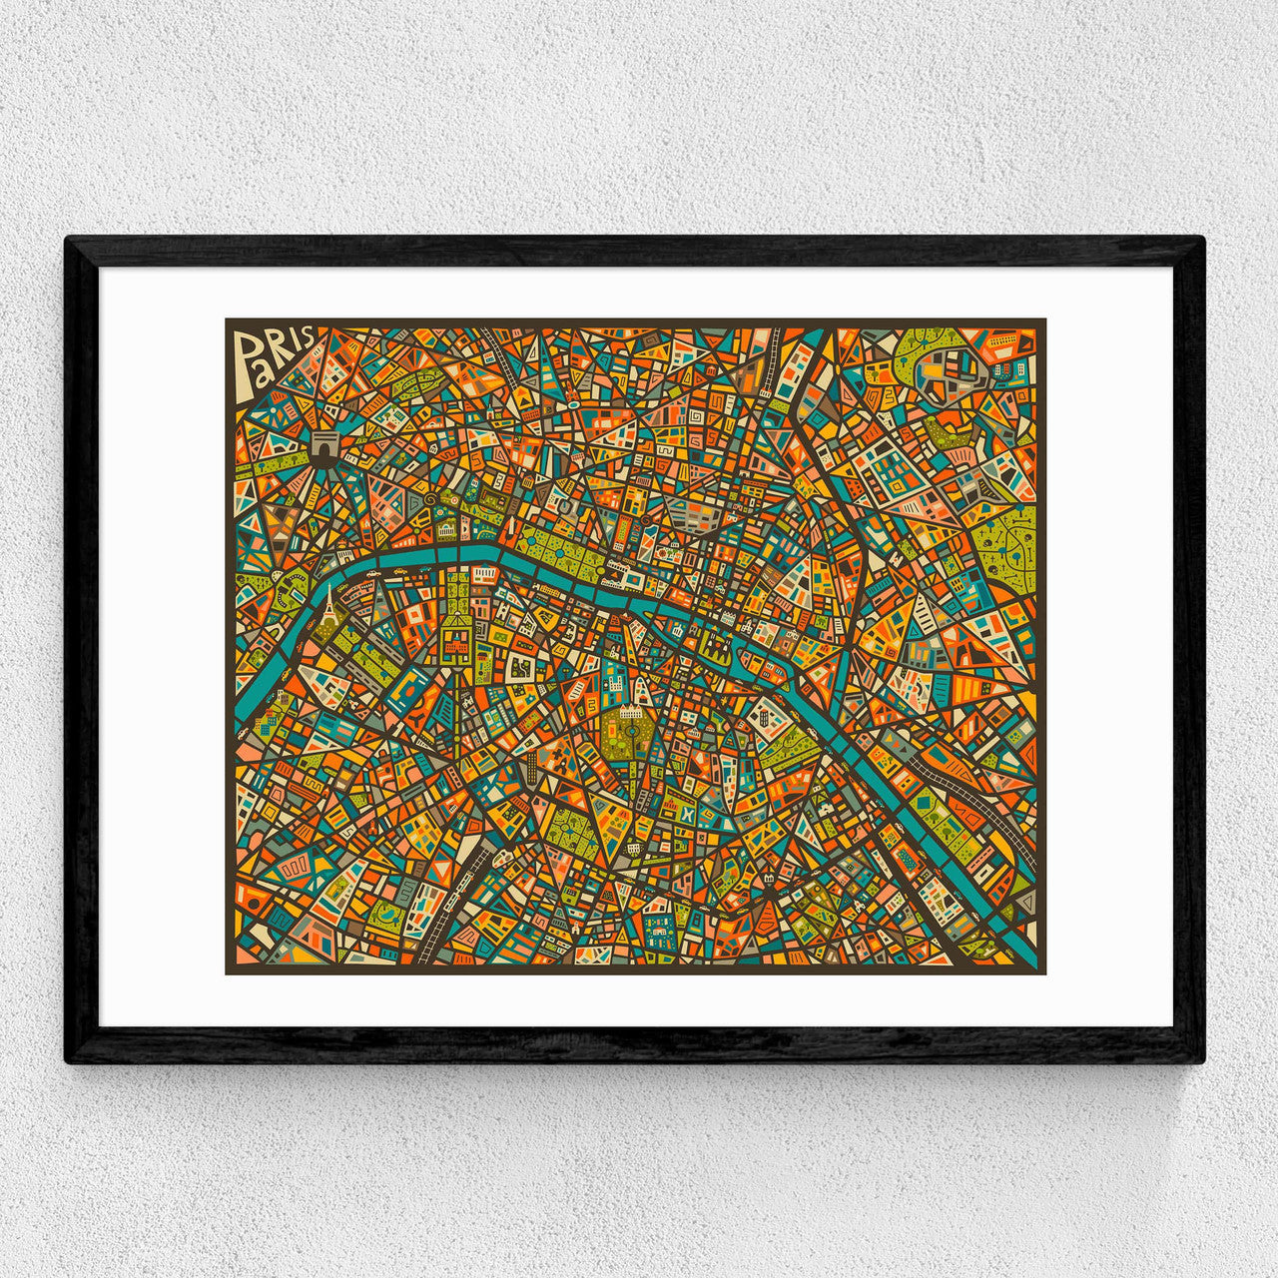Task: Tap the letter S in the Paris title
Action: pyautogui.click(x=306, y=335)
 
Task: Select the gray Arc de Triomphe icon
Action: pyautogui.click(x=324, y=447)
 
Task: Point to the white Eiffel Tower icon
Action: pyautogui.click(x=328, y=604)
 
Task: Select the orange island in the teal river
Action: pyautogui.click(x=751, y=656)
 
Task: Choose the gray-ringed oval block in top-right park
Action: pyautogui.click(x=953, y=374)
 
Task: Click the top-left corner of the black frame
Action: pyautogui.click(x=68, y=240)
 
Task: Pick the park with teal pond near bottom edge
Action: pyautogui.click(x=383, y=913)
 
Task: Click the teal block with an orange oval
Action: pyautogui.click(x=409, y=689)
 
